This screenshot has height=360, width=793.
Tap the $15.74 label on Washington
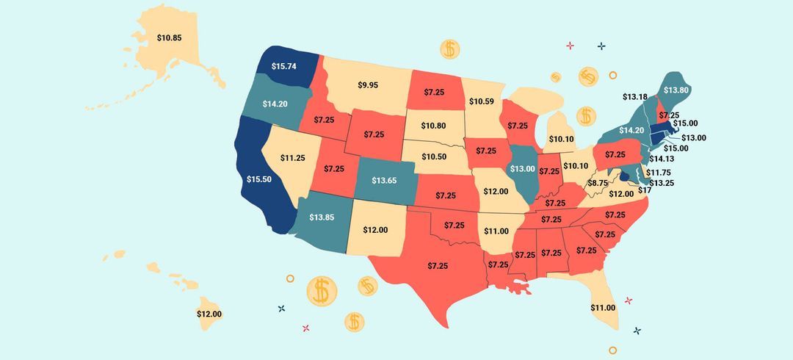pos(283,66)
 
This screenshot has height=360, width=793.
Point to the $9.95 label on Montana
pos(369,85)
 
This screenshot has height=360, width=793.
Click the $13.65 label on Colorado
pos(385,180)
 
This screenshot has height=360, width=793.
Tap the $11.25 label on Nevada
pos(292,158)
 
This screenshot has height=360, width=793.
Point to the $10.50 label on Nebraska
pos(433,157)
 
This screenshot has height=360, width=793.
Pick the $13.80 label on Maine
pos(676,90)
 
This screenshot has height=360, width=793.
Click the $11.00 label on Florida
pos(603,307)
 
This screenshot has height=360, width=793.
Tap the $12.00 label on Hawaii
pos(209,314)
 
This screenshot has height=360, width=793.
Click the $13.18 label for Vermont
pos(634,97)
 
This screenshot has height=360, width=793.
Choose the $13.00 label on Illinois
pos(523,168)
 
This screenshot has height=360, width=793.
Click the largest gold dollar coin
pos(321,292)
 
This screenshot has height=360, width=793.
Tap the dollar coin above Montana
pos(450,50)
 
